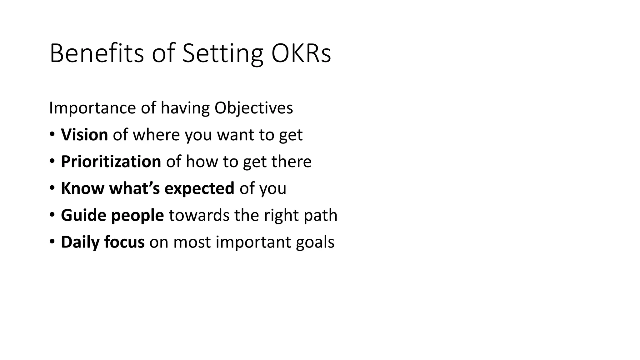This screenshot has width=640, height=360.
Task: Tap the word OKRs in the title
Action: click(301, 53)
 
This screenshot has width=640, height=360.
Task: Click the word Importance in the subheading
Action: click(92, 108)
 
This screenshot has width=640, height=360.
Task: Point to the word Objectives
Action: click(254, 108)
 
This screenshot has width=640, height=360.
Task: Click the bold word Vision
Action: click(84, 135)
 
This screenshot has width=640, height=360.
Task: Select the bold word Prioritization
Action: click(111, 162)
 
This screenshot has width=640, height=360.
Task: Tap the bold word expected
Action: click(199, 188)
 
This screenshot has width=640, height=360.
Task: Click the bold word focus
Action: click(124, 242)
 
